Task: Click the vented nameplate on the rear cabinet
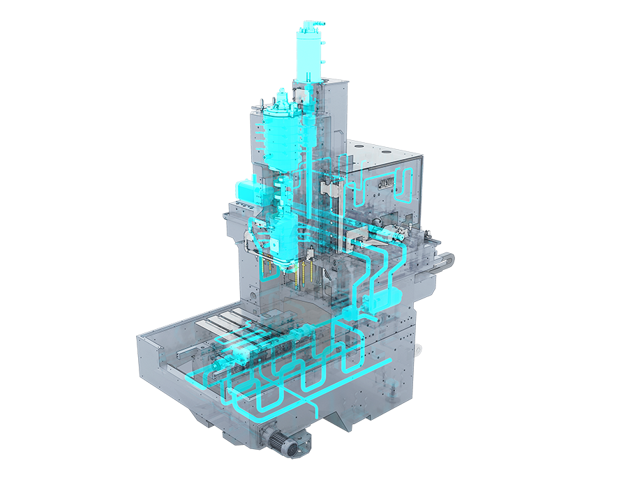tap(387, 183)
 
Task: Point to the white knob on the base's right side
tap(419, 347)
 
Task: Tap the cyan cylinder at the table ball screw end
tap(223, 363)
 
